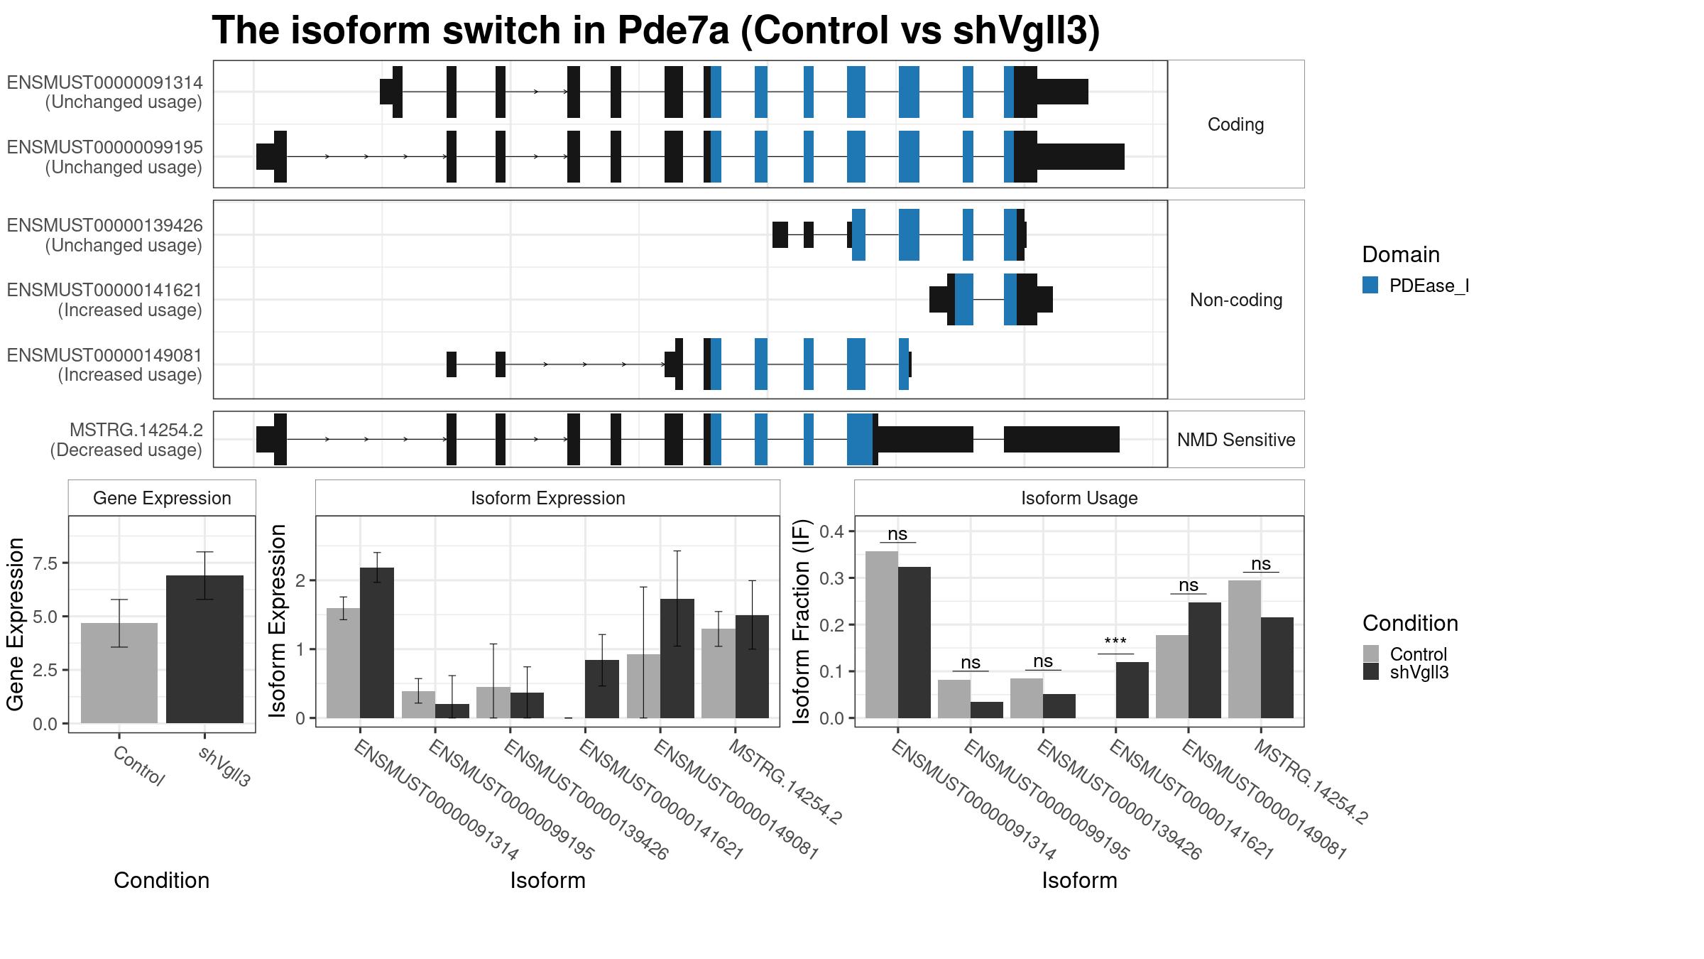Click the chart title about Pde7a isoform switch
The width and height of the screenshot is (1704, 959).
(x=655, y=31)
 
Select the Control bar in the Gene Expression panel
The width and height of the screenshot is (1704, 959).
(x=119, y=673)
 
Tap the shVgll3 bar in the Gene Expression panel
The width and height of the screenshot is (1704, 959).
(x=204, y=649)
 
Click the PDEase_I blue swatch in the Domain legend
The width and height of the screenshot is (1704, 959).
(x=1370, y=286)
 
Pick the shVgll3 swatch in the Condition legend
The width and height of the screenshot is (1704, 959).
(x=1370, y=672)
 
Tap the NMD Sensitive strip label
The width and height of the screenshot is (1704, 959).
(x=1236, y=440)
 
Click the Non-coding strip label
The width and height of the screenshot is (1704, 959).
(x=1236, y=300)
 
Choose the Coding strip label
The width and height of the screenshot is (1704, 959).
(x=1236, y=124)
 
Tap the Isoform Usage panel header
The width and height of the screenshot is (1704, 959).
(x=1079, y=498)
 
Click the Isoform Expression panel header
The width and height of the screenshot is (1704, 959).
(x=547, y=498)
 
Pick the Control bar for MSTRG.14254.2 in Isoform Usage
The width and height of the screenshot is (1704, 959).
(x=1244, y=649)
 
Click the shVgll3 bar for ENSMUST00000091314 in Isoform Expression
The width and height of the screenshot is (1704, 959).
(x=377, y=643)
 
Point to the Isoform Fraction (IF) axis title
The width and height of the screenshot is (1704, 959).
(x=801, y=622)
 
